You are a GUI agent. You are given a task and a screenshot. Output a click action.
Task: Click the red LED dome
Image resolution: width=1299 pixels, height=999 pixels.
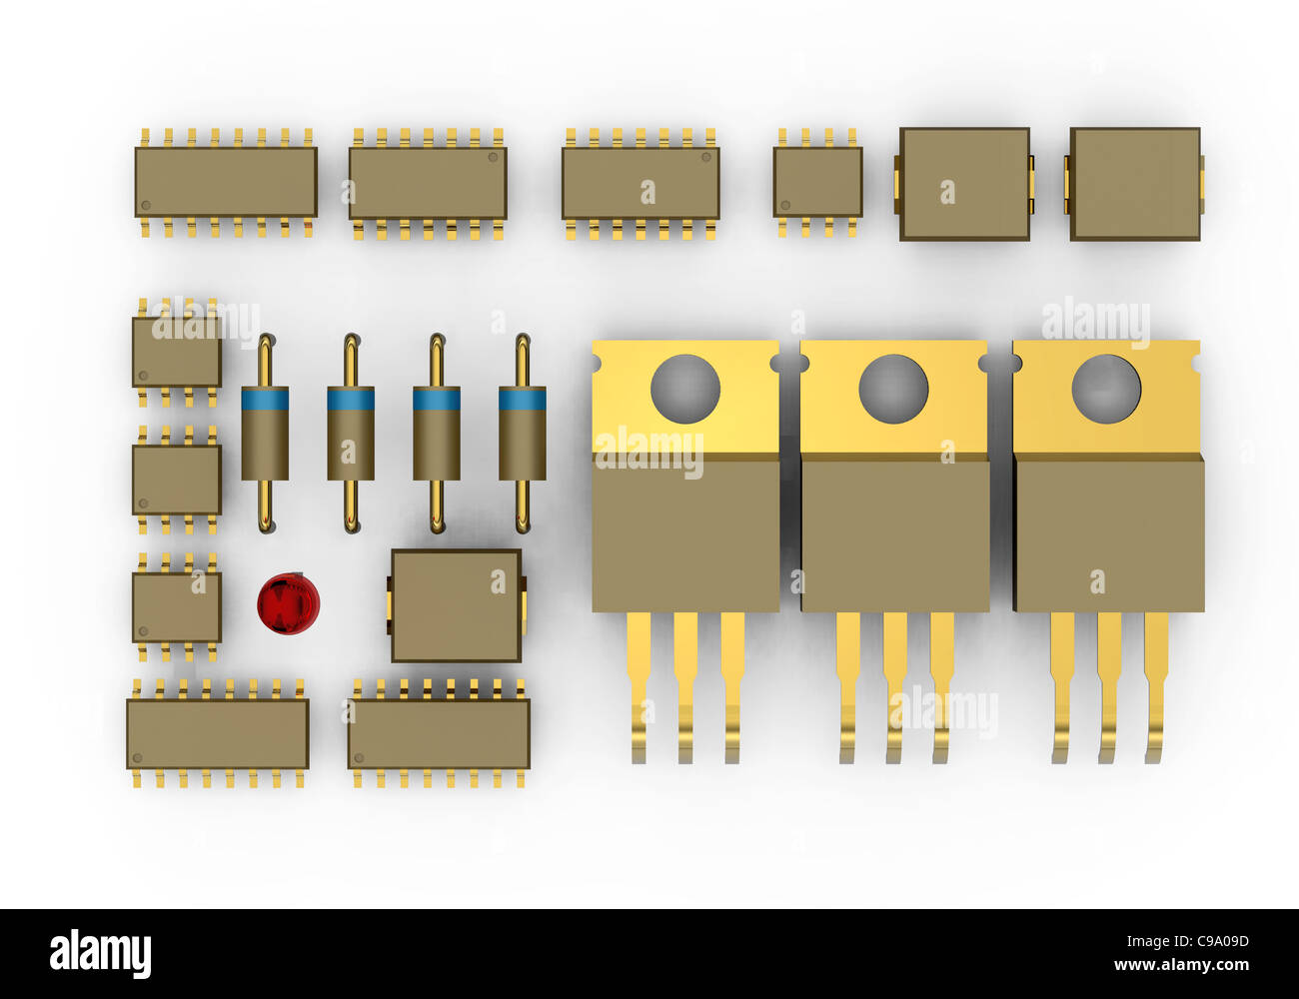pos(288,603)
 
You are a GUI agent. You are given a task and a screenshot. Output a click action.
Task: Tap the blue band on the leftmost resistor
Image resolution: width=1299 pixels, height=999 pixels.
pos(265,400)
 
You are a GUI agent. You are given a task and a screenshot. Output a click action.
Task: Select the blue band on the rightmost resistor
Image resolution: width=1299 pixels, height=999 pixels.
pos(523,400)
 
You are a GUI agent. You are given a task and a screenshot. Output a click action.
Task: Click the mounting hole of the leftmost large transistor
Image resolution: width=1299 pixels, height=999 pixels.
pos(685,389)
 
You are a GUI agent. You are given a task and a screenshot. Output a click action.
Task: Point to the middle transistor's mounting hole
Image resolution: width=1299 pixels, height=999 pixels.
pos(893,389)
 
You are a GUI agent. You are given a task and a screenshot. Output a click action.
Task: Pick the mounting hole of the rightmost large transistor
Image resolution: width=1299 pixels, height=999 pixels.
pos(1106,389)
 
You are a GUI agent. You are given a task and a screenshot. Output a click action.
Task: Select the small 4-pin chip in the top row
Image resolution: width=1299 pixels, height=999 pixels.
pos(817,182)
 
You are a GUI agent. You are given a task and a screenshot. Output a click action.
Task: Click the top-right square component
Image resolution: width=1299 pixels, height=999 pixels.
pos(1135,184)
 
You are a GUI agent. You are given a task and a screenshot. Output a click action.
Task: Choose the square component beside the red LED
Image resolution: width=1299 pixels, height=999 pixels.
pos(456,605)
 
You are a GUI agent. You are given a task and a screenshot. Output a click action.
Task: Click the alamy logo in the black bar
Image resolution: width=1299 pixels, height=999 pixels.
pos(100,953)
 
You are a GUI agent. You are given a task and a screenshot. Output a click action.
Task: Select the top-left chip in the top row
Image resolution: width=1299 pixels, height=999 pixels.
pos(226,182)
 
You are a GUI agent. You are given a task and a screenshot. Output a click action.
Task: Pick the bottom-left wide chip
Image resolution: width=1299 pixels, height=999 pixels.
pos(217,733)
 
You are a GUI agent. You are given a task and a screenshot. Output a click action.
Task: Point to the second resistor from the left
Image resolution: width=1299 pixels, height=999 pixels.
pos(351,434)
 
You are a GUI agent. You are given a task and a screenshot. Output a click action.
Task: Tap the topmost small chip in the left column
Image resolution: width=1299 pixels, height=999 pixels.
pos(177,352)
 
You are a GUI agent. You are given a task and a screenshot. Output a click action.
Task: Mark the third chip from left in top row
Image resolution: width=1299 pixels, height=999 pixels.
pos(641,183)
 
